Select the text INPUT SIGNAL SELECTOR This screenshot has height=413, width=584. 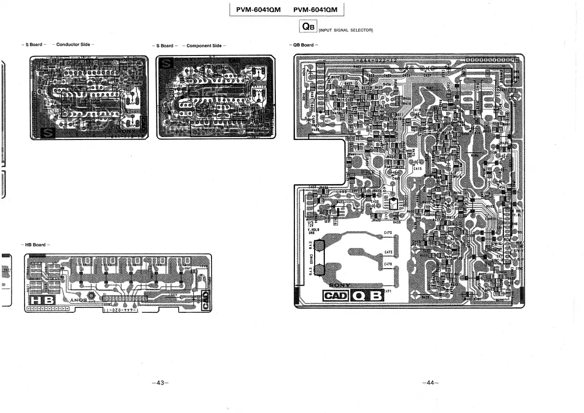(346, 30)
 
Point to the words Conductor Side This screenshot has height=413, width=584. (73, 45)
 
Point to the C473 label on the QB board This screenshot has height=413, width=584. (388, 233)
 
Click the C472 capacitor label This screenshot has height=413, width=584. (388, 252)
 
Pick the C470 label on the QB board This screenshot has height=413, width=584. (388, 264)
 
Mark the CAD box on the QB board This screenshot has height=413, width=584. (335, 296)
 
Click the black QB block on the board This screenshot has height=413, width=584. (369, 296)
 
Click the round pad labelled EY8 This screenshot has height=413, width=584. (319, 247)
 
